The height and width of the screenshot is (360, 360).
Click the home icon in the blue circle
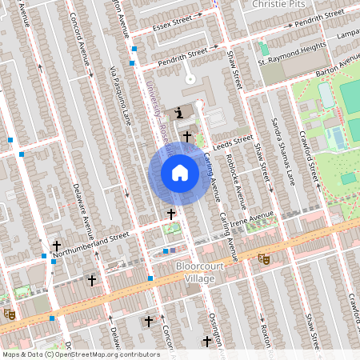(x=180, y=173)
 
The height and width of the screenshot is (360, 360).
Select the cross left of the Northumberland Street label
(x=56, y=246)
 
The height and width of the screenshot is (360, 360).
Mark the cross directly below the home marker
(x=170, y=214)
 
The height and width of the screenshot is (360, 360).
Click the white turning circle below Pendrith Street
(x=190, y=78)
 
